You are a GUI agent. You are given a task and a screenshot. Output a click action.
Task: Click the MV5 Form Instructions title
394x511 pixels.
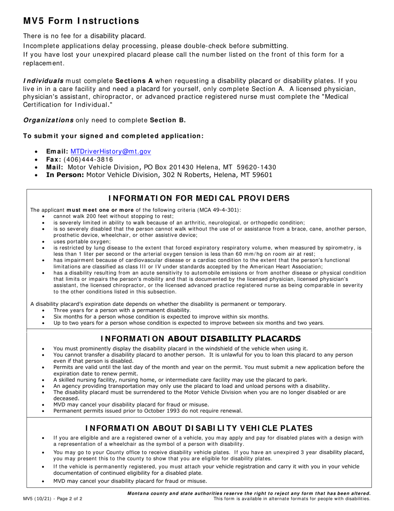81,21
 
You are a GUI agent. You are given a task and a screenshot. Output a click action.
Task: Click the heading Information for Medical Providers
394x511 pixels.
199,198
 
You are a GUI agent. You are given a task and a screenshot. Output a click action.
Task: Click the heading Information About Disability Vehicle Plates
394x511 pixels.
199,428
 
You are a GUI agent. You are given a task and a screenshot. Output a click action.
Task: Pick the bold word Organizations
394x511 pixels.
48,120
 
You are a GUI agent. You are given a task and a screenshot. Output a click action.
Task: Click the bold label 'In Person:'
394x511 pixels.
65,175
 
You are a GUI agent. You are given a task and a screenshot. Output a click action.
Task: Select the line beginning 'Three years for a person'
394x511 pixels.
122,310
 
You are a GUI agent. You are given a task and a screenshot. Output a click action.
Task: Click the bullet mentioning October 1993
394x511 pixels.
147,411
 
